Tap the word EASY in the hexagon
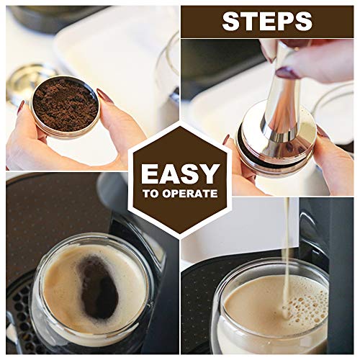click(179, 174)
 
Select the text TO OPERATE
click(179, 194)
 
